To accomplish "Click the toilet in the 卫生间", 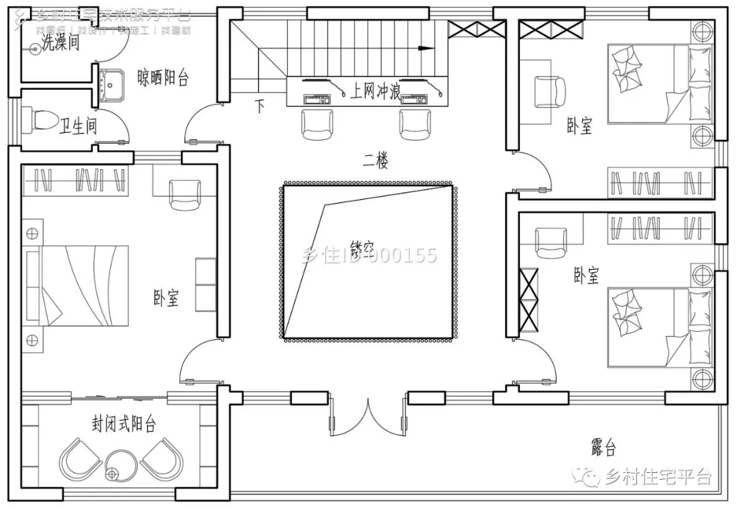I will coord(42,120).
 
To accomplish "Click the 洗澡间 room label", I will coord(60,43).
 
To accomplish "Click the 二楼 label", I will coord(375,161).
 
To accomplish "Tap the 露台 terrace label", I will coord(603,448).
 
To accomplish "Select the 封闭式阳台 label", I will coord(124,425).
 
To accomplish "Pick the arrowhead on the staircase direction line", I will coord(427,48).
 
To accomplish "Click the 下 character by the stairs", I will coord(259,106).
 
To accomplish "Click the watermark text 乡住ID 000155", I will coord(369,256).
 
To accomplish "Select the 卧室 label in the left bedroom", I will coord(166,298).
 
